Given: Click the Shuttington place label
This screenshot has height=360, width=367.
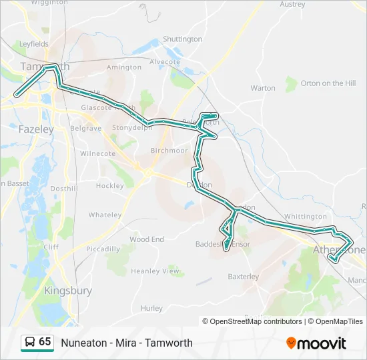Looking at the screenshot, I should pyautogui.click(x=182, y=39).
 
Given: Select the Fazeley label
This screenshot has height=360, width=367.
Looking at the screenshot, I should pyautogui.click(x=36, y=129).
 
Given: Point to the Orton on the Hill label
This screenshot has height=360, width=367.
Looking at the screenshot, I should pyautogui.click(x=328, y=83).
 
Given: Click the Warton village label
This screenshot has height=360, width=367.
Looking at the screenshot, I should pyautogui.click(x=262, y=88).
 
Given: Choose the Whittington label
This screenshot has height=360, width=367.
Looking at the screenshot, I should pyautogui.click(x=305, y=217).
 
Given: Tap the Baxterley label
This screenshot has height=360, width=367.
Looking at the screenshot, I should pyautogui.click(x=243, y=277).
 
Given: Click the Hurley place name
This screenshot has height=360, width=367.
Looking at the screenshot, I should pyautogui.click(x=151, y=308).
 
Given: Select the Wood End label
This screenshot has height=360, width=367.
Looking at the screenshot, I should pyautogui.click(x=147, y=239).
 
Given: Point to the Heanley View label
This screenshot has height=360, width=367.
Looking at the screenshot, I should pyautogui.click(x=155, y=271).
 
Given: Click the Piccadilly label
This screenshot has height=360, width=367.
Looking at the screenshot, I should pyautogui.click(x=103, y=249).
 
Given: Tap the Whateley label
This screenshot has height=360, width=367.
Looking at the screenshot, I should pyautogui.click(x=105, y=215).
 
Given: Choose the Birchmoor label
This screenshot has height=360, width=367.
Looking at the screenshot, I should pyautogui.click(x=169, y=151).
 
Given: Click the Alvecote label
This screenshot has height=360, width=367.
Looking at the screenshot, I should pyautogui.click(x=165, y=62).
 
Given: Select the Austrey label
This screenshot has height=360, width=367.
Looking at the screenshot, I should pyautogui.click(x=292, y=4).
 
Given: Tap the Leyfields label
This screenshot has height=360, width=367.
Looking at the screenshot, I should pyautogui.click(x=34, y=44).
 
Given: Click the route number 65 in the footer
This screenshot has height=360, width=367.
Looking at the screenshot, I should pyautogui.click(x=45, y=342).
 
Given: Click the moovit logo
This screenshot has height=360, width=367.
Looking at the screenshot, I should pyautogui.click(x=316, y=343).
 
